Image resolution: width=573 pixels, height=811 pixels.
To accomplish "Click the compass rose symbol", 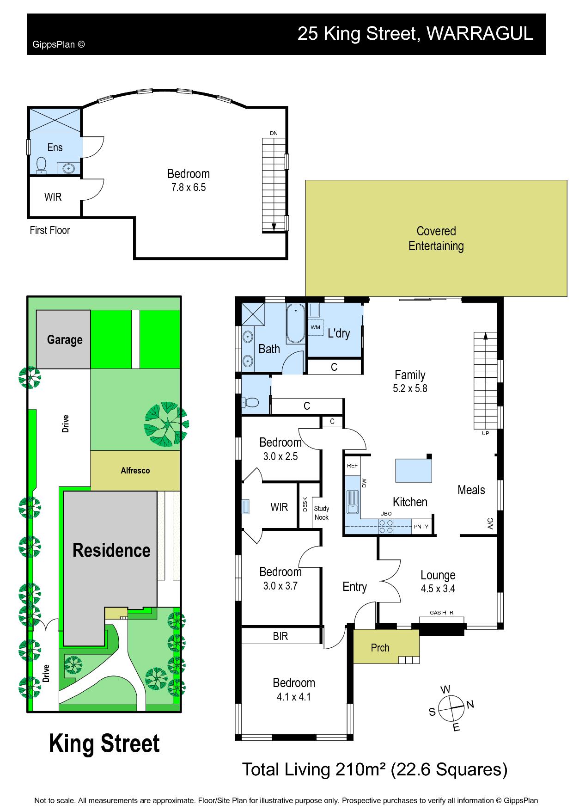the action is [x=451, y=708].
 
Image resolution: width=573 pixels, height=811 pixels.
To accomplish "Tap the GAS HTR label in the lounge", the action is [x=441, y=613].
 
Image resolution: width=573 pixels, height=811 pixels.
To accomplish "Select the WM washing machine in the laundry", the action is [x=316, y=327].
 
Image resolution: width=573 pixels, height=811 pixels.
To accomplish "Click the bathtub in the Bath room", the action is [x=295, y=323].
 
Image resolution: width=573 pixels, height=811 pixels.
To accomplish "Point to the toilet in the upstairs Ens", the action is [x=42, y=165].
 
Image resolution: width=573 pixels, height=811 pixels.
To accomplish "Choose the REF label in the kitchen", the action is [x=352, y=466].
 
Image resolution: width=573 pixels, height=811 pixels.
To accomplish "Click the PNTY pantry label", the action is [x=421, y=527].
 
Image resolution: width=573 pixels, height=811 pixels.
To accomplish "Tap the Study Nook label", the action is [x=322, y=513].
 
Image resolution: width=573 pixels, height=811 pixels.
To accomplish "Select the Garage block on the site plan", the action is [x=63, y=339].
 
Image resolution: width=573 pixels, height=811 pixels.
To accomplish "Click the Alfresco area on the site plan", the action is [x=135, y=471].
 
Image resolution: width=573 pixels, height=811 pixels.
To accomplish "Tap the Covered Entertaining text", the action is [x=436, y=239].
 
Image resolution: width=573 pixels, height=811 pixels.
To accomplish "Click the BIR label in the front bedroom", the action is [x=280, y=636].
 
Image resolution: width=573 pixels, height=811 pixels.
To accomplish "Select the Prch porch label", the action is [x=380, y=648].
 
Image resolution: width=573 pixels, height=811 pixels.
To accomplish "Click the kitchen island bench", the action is [x=414, y=470].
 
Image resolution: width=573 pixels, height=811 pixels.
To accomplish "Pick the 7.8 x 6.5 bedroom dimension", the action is [x=189, y=187].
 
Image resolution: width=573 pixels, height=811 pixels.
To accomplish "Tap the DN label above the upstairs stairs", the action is [x=274, y=133].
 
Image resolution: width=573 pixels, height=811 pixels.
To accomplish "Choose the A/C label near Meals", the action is [x=490, y=523].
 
